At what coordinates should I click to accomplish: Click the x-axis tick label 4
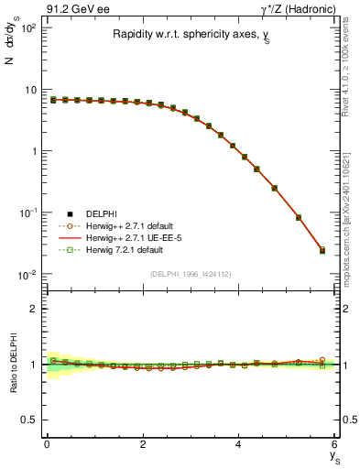(x=238, y=445)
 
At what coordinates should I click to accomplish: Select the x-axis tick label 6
(x=334, y=445)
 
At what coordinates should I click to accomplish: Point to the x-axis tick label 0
(x=47, y=445)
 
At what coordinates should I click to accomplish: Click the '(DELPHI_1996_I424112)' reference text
(x=191, y=273)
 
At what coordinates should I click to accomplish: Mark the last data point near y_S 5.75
(x=322, y=250)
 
